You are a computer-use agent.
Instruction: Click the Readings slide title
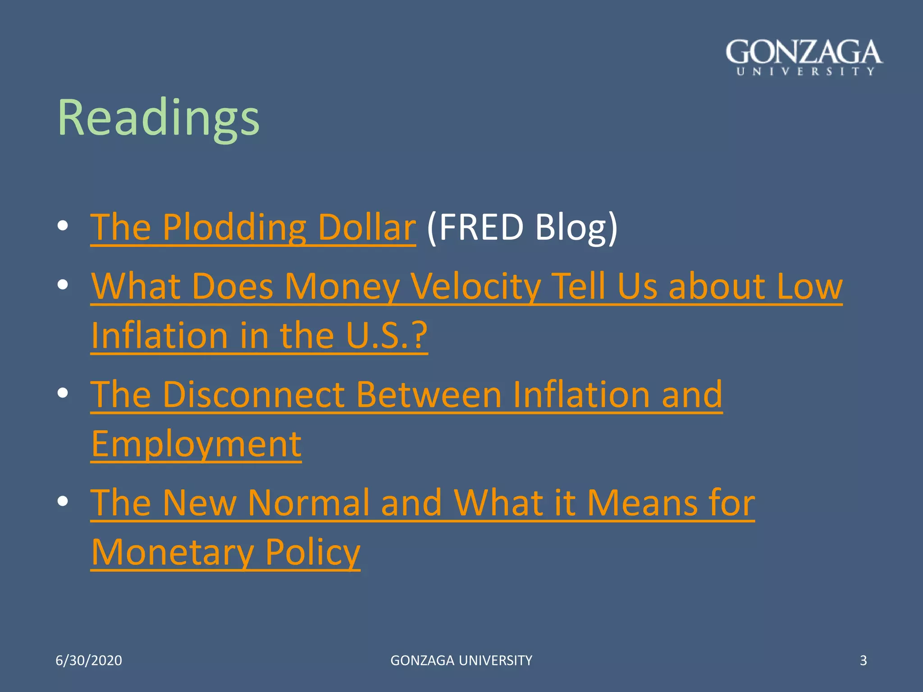159,118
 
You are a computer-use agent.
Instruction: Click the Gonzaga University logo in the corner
804,57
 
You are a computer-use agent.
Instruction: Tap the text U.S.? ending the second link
387,336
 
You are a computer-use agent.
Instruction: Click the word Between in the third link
429,395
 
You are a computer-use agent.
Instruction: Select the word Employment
196,444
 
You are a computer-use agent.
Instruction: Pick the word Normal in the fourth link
308,503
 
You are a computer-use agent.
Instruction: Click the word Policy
313,552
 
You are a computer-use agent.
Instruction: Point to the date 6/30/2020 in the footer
89,660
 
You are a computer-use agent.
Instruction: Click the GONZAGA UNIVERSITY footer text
461,660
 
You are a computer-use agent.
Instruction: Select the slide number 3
863,660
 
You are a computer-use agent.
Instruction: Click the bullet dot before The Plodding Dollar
63,226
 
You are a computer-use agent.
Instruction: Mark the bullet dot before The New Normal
63,501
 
